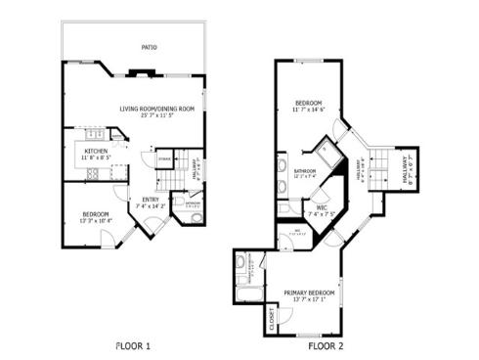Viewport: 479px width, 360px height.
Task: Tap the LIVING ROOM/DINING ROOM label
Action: point(157,108)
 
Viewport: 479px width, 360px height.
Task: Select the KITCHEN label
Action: point(95,151)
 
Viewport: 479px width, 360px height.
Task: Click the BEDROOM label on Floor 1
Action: point(95,214)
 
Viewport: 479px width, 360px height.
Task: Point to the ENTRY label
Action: point(148,201)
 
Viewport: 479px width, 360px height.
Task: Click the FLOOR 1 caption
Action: point(133,345)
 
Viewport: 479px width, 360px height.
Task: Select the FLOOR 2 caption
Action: point(326,345)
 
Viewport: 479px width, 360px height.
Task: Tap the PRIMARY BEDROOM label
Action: point(310,292)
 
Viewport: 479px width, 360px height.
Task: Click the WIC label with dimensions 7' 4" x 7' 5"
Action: point(321,208)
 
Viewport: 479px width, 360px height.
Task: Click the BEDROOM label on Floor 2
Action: point(309,102)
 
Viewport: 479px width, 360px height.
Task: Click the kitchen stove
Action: point(96,173)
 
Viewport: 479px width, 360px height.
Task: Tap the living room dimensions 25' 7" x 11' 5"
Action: point(157,115)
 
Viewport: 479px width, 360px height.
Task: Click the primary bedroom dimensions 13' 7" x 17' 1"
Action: point(310,300)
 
